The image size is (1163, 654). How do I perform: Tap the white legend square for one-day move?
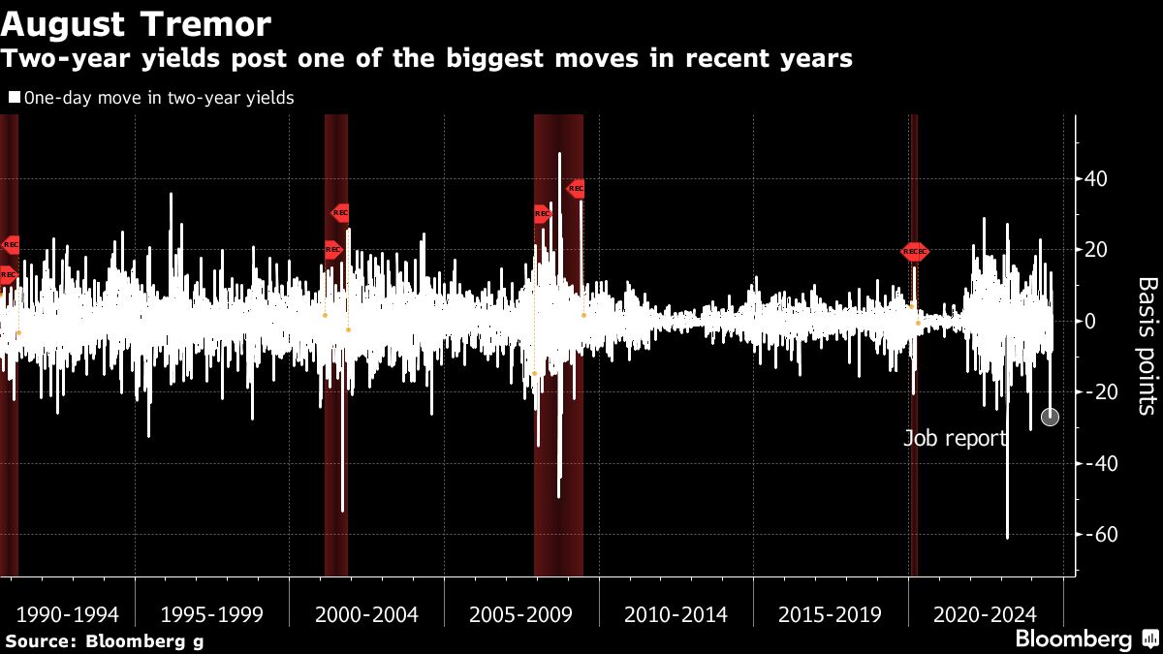click(x=14, y=98)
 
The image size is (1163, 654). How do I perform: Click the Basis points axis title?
click(x=1146, y=346)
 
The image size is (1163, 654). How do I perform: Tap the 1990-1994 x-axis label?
click(x=68, y=614)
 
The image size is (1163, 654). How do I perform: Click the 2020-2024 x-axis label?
click(x=985, y=614)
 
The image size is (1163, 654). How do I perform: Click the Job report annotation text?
click(x=956, y=438)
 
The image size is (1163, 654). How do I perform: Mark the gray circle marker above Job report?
click(x=1050, y=417)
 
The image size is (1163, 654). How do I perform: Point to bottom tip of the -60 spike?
click(x=1007, y=538)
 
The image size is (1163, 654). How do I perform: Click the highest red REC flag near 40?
click(x=576, y=189)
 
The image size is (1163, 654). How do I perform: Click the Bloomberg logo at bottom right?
click(x=1074, y=638)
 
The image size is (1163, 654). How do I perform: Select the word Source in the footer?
click(x=39, y=640)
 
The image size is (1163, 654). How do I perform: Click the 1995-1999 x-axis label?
click(x=211, y=614)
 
